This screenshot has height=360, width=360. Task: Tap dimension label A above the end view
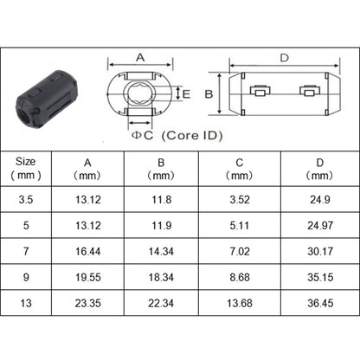click(139, 57)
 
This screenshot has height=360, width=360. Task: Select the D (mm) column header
click(320, 167)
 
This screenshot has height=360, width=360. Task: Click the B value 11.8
click(162, 200)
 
